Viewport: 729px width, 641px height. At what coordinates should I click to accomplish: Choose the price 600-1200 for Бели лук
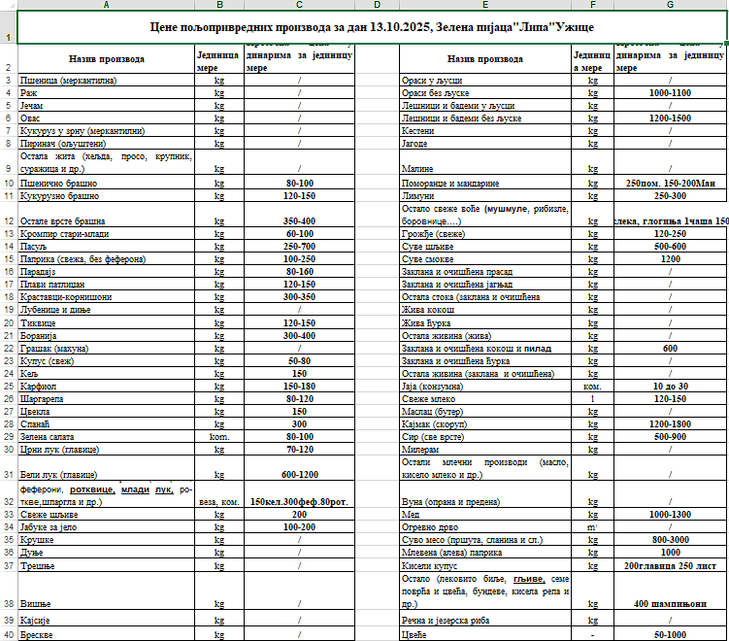pyautogui.click(x=300, y=474)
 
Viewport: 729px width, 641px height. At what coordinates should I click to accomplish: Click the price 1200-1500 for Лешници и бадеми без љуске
pyautogui.click(x=671, y=118)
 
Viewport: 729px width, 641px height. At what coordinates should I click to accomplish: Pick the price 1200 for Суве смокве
pyautogui.click(x=671, y=259)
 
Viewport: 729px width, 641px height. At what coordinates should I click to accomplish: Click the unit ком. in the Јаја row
pyautogui.click(x=593, y=386)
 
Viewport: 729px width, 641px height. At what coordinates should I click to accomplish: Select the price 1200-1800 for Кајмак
pyautogui.click(x=671, y=423)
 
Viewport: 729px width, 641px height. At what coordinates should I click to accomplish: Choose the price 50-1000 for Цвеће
pyautogui.click(x=671, y=634)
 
